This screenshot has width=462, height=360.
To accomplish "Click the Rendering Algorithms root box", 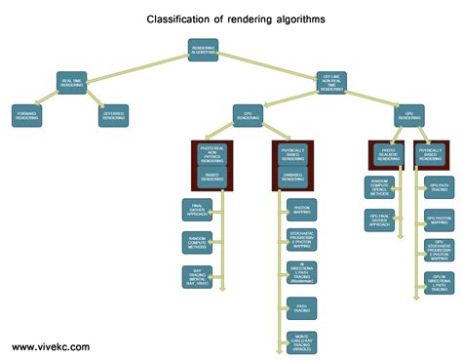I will click(203, 50).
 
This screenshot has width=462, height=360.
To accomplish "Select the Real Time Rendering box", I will click(73, 83).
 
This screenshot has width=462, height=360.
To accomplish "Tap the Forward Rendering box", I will click(26, 115).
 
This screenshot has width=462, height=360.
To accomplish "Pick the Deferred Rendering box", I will click(114, 115).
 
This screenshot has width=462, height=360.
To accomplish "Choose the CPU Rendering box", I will click(249, 115).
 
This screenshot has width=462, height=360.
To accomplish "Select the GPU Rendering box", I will click(410, 115).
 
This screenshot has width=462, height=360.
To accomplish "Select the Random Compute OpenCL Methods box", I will click(381, 185).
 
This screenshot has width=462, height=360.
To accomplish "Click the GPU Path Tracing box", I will click(439, 185).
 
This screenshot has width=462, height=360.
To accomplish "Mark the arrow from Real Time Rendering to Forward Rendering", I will click(49, 98).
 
